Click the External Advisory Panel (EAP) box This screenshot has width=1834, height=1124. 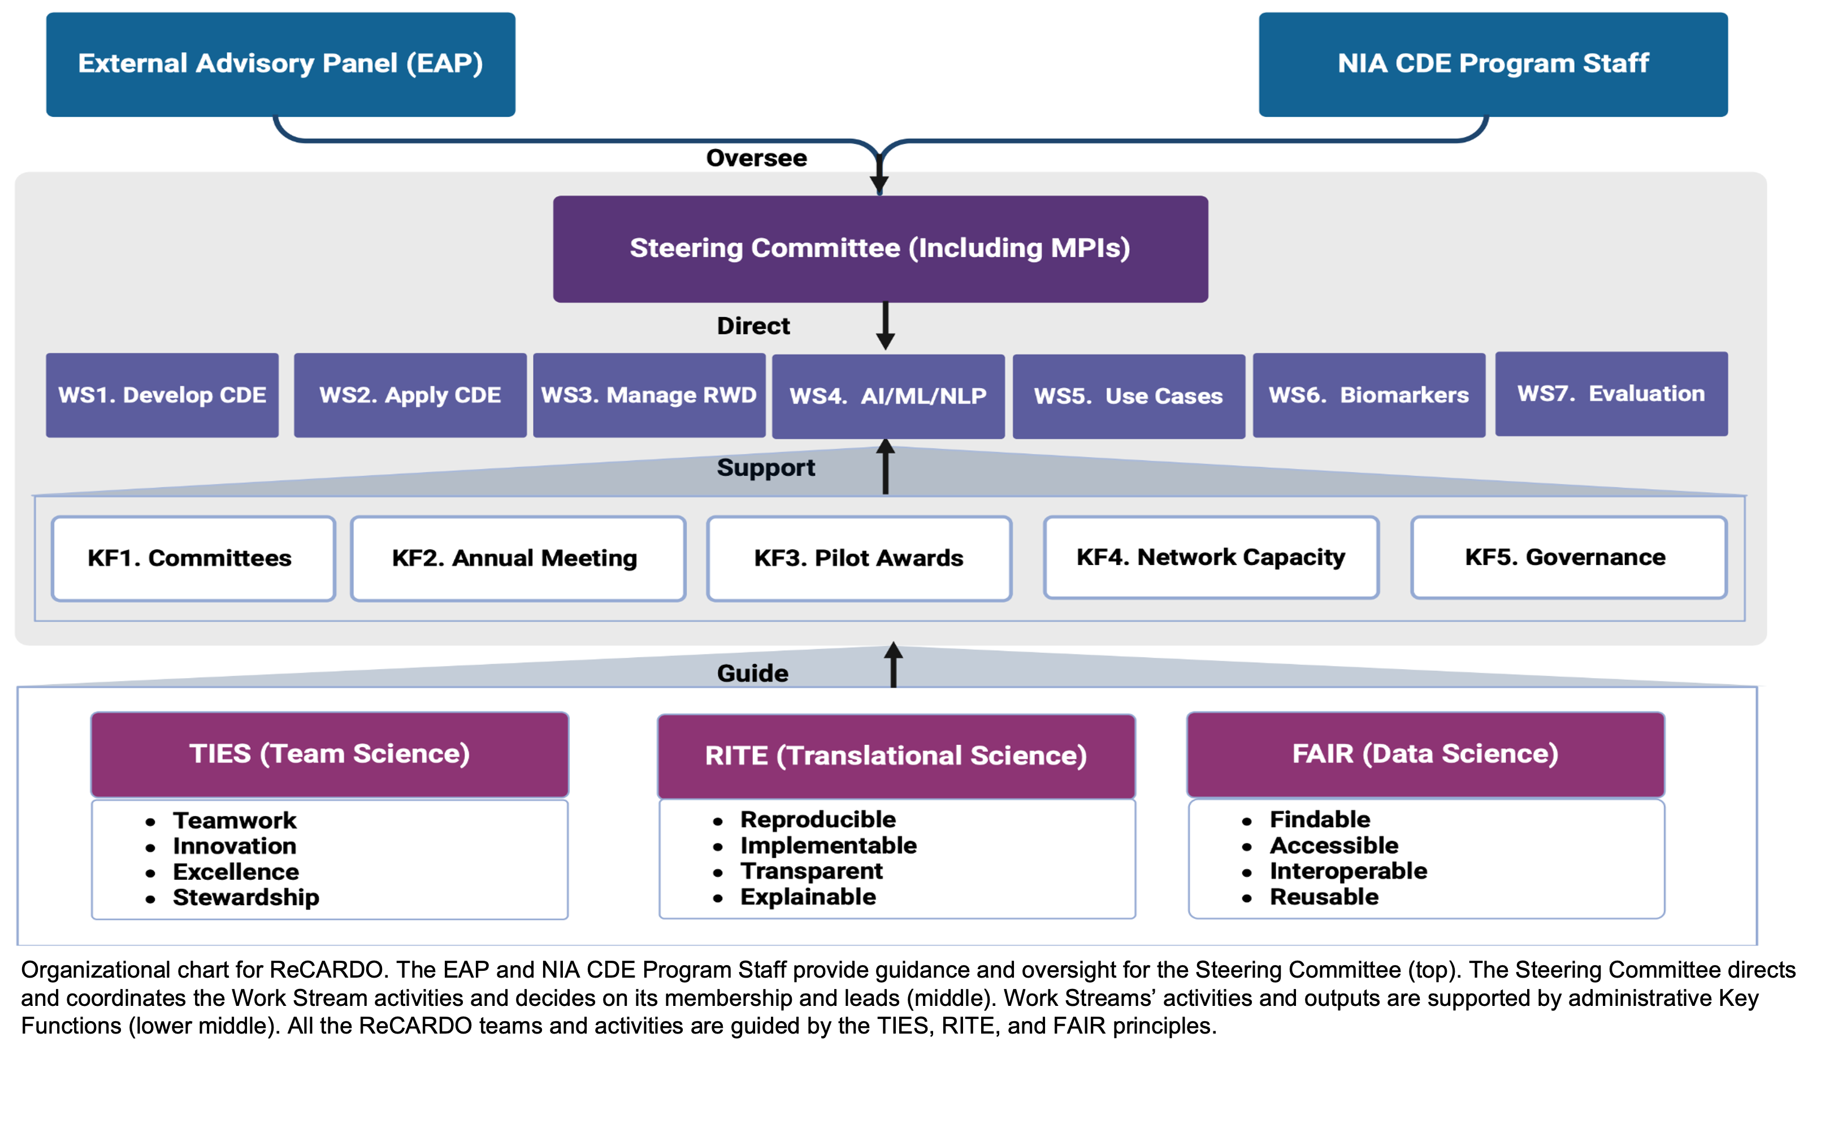point(280,64)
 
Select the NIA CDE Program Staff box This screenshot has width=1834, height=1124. point(1493,64)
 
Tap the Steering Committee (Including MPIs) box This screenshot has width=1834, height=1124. point(881,249)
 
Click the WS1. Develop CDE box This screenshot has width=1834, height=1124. point(162,394)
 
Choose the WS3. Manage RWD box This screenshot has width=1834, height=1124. point(649,394)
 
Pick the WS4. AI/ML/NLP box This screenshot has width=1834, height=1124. point(888,396)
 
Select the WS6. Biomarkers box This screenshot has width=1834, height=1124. point(1369,394)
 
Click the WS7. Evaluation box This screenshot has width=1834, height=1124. point(1611,394)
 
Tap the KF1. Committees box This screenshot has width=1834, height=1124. point(193,558)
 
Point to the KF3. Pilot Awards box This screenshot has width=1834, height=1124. point(859,558)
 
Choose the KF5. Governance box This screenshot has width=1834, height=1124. point(1569,558)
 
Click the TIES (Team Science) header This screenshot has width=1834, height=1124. point(329,754)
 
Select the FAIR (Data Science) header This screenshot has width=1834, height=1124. point(1425,754)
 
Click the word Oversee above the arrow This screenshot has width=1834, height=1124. point(756,158)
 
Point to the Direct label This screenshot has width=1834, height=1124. point(753,326)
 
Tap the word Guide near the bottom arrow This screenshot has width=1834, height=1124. point(752,673)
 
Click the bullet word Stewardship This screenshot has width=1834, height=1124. point(246,898)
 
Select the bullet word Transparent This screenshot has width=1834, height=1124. point(811,871)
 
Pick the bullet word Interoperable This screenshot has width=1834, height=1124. point(1348,871)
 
